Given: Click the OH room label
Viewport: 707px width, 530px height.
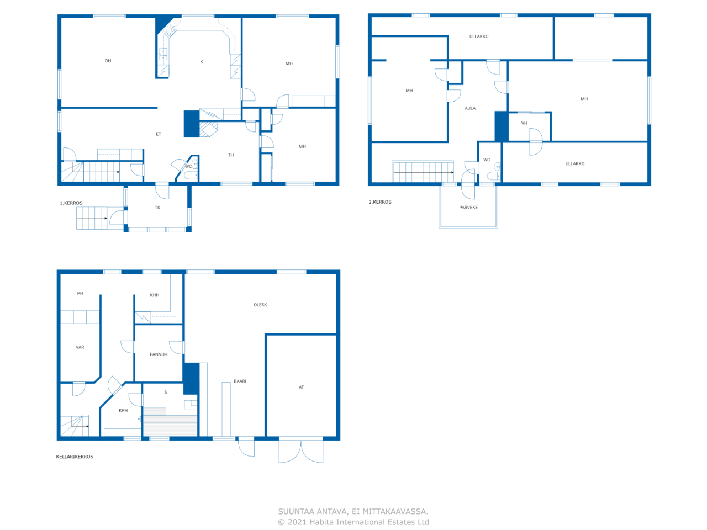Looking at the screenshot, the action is [108, 61].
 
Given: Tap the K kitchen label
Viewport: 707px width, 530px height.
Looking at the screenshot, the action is [202, 62].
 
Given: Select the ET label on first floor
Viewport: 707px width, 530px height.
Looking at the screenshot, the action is [159, 134].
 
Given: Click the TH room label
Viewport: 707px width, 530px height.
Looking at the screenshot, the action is [231, 155].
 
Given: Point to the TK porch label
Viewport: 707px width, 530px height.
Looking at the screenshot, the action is [157, 208].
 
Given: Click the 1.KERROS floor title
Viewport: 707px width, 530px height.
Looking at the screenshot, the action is [71, 203].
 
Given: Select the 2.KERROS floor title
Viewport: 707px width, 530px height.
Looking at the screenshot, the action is [380, 202].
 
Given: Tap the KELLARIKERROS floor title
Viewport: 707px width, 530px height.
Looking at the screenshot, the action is [75, 457].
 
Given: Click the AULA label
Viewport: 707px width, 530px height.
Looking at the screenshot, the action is [470, 108].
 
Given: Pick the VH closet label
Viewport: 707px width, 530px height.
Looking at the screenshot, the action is [524, 123].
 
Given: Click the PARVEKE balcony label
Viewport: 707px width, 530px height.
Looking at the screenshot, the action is [468, 208].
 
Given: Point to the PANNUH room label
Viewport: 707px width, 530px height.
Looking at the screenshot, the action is [159, 354].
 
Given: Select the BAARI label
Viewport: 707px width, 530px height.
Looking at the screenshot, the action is [240, 381].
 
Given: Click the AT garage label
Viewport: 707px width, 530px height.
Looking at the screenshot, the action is [302, 387].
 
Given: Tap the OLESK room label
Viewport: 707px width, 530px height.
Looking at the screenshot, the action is [260, 305].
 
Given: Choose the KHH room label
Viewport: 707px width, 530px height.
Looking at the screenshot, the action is [155, 295].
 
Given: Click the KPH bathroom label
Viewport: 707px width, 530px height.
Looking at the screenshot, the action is [123, 410].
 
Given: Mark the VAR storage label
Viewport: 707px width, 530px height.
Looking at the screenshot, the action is [80, 347].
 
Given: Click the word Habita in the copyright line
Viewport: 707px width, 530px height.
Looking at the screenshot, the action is [323, 522].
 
